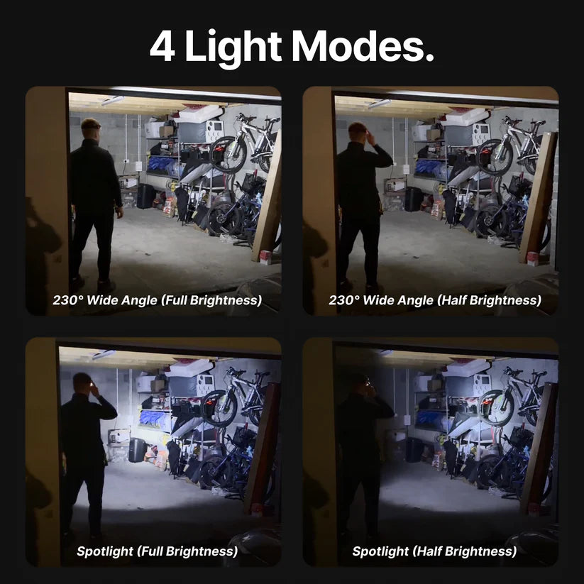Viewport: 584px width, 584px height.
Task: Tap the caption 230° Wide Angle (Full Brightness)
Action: [157, 300]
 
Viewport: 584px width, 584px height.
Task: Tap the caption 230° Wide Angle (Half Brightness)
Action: [434, 300]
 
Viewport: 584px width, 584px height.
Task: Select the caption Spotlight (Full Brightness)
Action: [157, 551]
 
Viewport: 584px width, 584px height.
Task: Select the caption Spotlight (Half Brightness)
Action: [434, 551]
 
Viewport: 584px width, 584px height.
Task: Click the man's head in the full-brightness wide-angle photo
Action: [91, 129]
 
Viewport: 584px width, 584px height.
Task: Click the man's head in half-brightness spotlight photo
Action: [360, 383]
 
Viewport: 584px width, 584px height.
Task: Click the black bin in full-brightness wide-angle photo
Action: [145, 196]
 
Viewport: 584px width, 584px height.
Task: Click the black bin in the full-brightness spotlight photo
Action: [137, 449]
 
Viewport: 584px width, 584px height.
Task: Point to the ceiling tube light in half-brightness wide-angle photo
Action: [380, 104]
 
